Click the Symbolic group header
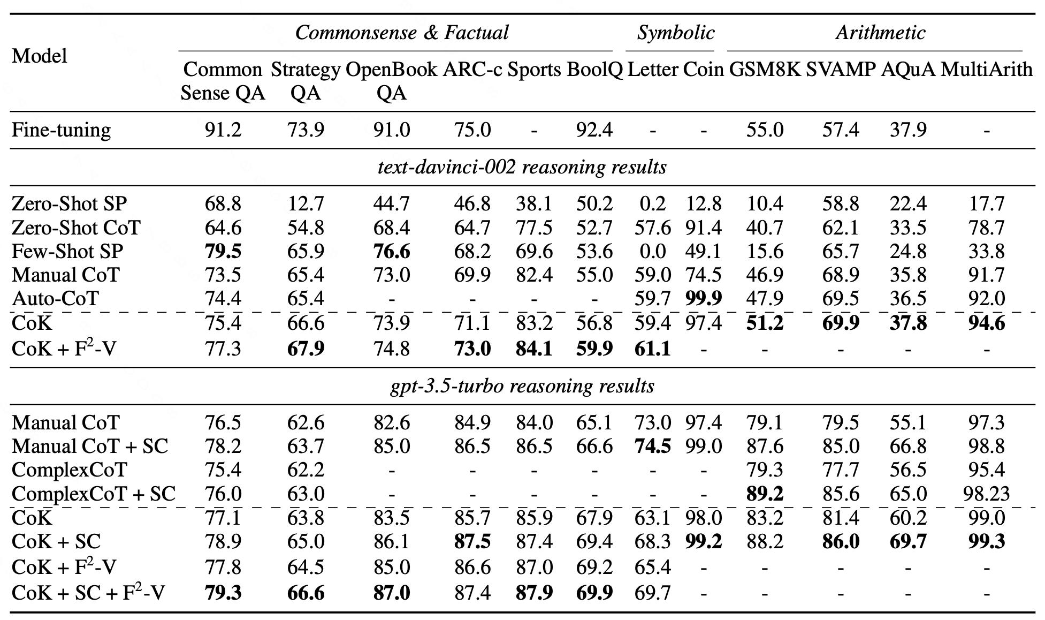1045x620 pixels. coord(675,33)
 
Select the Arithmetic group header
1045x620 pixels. coord(880,33)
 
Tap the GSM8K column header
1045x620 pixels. coord(765,70)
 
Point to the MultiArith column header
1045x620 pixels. coord(986,70)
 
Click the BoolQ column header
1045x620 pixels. coord(594,70)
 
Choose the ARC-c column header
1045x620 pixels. coord(472,70)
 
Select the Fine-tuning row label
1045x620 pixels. coord(62,130)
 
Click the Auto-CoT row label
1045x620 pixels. coord(55,298)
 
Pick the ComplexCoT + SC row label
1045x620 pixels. coord(94,494)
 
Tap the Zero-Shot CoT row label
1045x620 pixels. coord(76,228)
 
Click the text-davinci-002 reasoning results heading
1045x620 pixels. coord(522,168)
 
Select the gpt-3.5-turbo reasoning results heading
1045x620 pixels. coord(522,386)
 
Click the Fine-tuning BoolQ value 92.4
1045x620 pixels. coord(594,130)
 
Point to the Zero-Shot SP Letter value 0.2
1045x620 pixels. coord(652,204)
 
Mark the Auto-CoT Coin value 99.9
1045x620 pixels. coord(703,298)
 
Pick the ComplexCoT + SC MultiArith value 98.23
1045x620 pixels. coord(986,494)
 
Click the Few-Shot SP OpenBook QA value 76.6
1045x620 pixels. coord(392,251)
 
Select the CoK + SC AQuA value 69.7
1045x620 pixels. coord(908,541)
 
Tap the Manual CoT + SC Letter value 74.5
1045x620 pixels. coord(652,446)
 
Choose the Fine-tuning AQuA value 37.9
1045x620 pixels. coord(908,130)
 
